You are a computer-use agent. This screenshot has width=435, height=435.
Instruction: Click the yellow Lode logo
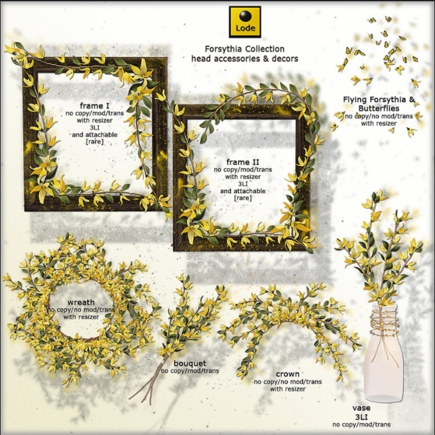pos(244,22)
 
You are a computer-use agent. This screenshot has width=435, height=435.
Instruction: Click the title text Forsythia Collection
pos(244,49)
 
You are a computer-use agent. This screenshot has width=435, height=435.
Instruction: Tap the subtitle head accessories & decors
pos(244,58)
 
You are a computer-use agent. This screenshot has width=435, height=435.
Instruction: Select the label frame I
pos(95,105)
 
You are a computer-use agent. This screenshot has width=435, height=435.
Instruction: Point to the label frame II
pos(243,162)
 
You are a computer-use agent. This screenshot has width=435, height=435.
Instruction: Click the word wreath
pos(81,302)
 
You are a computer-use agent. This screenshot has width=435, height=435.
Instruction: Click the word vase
pos(361,407)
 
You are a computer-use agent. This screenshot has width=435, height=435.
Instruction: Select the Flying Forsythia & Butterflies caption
pos(379,103)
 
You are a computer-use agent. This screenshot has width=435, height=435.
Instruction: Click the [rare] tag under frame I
pos(95,142)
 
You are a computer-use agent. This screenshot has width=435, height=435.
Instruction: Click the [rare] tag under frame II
pos(243,198)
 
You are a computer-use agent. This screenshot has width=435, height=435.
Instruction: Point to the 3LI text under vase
pos(361,416)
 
